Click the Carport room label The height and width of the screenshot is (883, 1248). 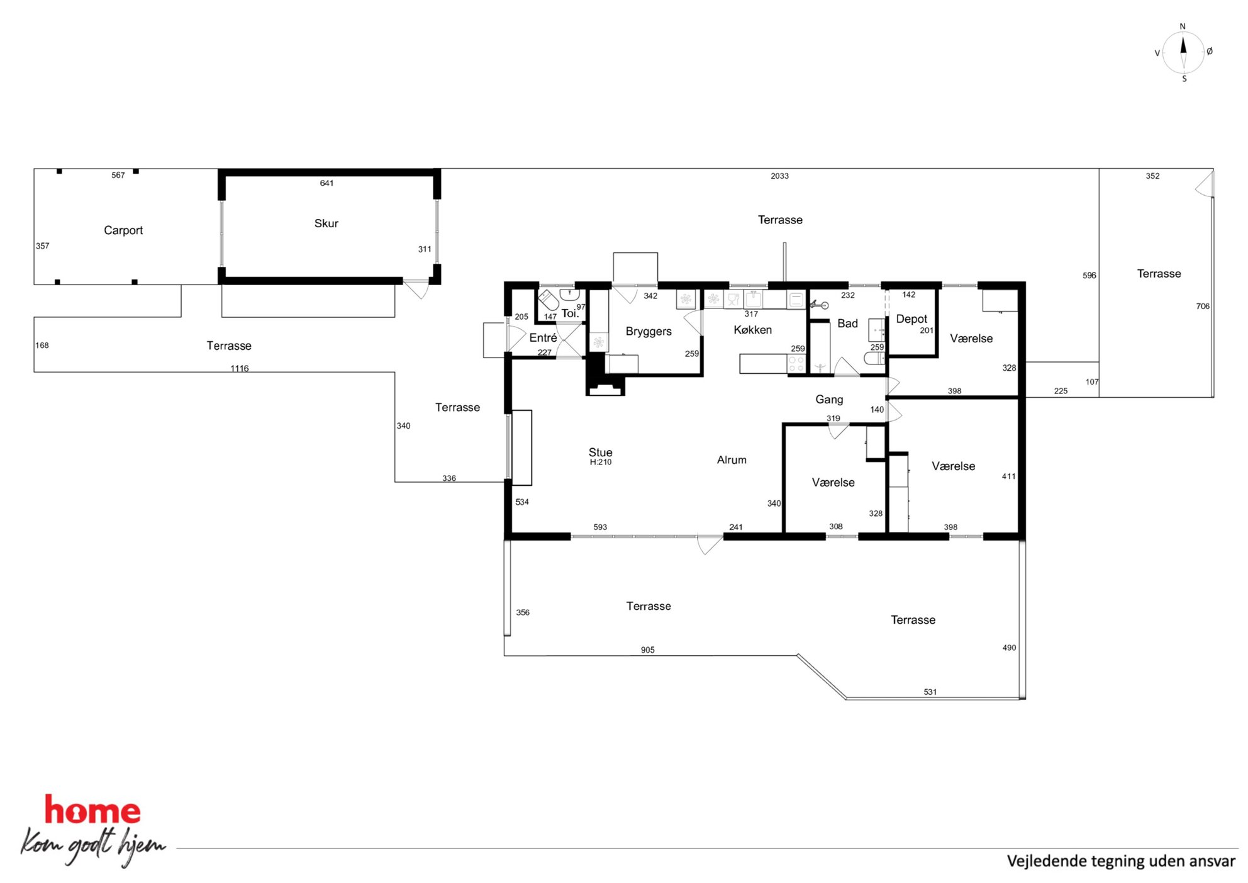pos(123,230)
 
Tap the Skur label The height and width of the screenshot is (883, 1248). pos(326,223)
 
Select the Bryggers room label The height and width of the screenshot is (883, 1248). pos(649,332)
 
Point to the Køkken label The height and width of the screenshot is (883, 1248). pos(752,330)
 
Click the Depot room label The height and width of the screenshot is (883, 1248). pos(911,319)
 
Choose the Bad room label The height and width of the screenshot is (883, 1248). pos(847,323)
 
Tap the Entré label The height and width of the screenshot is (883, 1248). pos(543,338)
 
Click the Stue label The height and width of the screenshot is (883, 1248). pos(600,452)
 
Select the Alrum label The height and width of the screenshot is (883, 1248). pos(732,460)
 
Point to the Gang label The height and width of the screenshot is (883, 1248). pos(829,400)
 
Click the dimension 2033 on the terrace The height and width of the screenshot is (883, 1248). pos(779,176)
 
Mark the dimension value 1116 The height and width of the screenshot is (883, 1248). pos(240,369)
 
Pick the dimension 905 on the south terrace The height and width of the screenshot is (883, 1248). pos(648,650)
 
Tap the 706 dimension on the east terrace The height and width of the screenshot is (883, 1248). pos(1203,307)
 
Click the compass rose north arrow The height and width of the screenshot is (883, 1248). pos(1183,46)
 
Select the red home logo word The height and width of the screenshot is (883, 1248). pos(92,810)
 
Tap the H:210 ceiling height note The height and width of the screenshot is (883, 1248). pos(601,463)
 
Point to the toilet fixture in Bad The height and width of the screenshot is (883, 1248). pos(874,359)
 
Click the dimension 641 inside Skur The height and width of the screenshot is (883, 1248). pos(326,183)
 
